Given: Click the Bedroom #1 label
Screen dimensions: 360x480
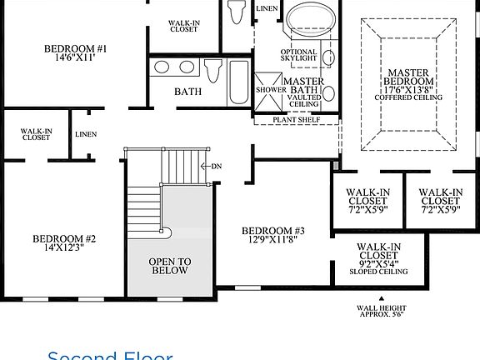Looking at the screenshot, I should point(76,49).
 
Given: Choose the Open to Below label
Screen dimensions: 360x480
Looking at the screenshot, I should point(170,266).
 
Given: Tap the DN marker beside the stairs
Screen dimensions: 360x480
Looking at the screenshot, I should point(216,166).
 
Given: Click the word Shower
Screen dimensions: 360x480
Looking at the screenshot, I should point(270,89).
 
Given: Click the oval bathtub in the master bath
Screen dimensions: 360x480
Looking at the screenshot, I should point(308,18).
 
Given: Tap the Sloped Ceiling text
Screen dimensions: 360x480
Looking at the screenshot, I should point(379,272).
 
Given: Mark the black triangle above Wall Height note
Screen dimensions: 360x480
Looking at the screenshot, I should point(380,297).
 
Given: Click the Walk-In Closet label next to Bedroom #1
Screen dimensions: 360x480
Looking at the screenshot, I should point(182,27).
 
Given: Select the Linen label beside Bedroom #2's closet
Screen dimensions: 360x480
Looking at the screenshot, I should point(86,134).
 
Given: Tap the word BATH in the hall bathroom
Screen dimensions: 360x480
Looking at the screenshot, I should point(188,91).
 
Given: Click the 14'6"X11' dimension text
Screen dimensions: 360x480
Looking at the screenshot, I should point(76,59).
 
